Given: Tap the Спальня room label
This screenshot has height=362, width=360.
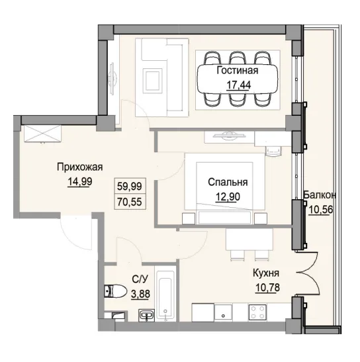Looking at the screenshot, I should coord(227,183).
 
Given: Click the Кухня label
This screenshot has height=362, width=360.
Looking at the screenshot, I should coord(265,273).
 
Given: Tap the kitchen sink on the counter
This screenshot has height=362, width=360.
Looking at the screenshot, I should coord(224,313).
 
